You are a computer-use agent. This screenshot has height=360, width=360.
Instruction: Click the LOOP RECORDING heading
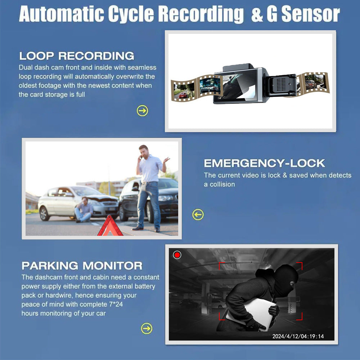pyautogui.click(x=76, y=56)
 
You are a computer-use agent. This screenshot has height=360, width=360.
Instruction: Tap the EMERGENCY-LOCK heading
pyautogui.click(x=264, y=163)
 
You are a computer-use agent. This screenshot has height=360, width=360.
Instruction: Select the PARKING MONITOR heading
pyautogui.click(x=82, y=266)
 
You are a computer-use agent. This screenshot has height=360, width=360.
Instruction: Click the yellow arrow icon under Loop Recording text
pyautogui.click(x=143, y=111)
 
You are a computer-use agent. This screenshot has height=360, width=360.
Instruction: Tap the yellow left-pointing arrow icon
pyautogui.click(x=198, y=215)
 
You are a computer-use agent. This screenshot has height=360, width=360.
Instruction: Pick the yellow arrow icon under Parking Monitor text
pyautogui.click(x=147, y=328)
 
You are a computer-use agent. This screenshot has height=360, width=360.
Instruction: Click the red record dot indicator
pyautogui.click(x=177, y=255)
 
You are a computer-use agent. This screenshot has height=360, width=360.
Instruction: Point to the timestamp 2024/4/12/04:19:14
pyautogui.click(x=298, y=336)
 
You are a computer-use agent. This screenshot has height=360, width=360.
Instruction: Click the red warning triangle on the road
pyautogui.click(x=110, y=227)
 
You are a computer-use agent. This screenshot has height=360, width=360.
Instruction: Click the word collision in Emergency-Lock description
pyautogui.click(x=219, y=184)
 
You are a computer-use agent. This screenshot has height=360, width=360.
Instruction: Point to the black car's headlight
pyautogui.click(x=166, y=198)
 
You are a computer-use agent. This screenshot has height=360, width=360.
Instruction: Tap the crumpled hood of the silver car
pyautogui.click(x=103, y=198)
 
